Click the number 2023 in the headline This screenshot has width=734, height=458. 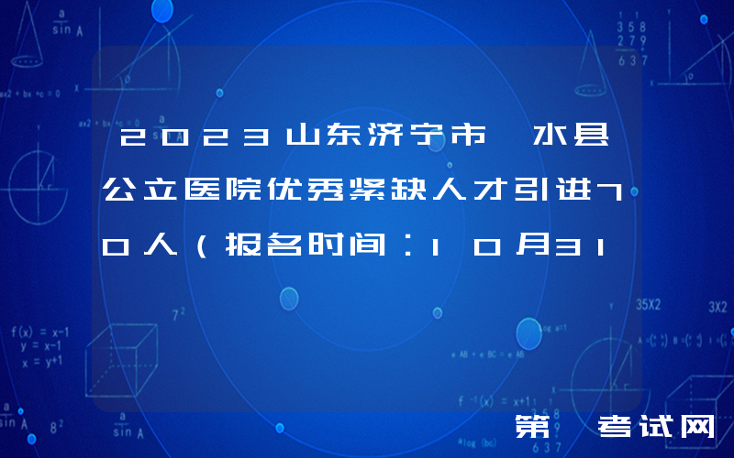pyautogui.click(x=195, y=141)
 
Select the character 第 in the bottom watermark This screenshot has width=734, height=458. pyautogui.click(x=533, y=426)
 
